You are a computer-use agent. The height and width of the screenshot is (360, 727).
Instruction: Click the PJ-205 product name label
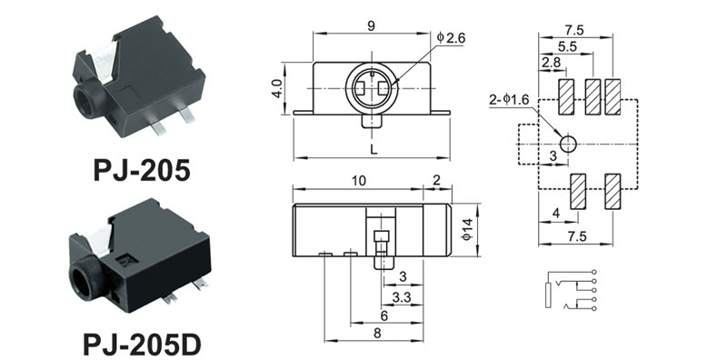pyautogui.click(x=142, y=170)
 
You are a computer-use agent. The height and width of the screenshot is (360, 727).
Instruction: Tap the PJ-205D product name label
pyautogui.click(x=142, y=345)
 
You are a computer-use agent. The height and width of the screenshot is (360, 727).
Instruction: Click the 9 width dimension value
pyautogui.click(x=371, y=26)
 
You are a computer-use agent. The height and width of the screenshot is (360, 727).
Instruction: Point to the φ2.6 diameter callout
pyautogui.click(x=451, y=38)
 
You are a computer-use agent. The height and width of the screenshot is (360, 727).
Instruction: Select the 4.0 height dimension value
pyautogui.click(x=277, y=88)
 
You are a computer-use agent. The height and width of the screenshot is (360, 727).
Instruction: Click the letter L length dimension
pyautogui.click(x=374, y=150)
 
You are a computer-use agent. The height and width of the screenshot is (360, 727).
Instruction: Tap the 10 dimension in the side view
pyautogui.click(x=358, y=181)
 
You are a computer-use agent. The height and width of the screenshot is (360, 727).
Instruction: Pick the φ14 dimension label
pyautogui.click(x=467, y=229)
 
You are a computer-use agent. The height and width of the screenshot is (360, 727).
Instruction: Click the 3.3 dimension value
pyautogui.click(x=401, y=298)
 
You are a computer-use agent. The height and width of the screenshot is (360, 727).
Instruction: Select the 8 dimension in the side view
pyautogui.click(x=377, y=334)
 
